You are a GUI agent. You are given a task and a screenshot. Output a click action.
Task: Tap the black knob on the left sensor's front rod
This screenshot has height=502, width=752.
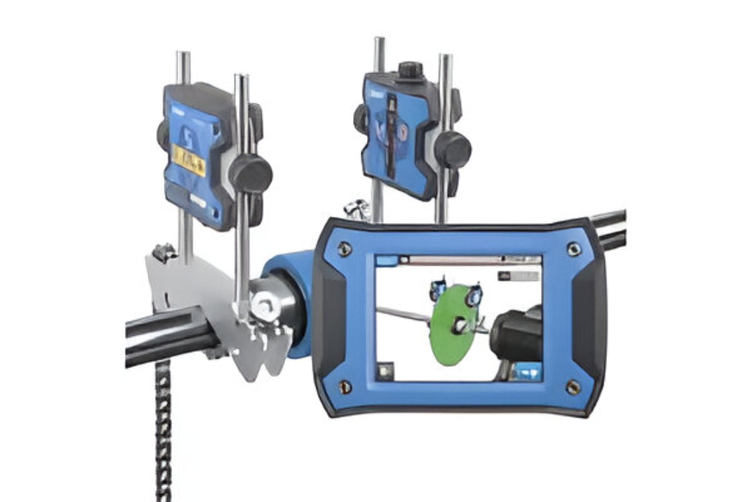click(x=250, y=174)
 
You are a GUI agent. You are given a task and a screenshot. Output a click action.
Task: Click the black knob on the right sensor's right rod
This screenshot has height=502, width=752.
click(x=453, y=149)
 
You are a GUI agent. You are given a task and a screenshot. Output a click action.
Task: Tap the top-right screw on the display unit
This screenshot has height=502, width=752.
click(x=573, y=248)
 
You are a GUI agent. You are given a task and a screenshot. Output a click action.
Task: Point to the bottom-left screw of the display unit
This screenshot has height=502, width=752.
click(x=344, y=384)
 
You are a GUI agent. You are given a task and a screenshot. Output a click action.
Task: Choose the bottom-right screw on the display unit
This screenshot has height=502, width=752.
click(x=572, y=386)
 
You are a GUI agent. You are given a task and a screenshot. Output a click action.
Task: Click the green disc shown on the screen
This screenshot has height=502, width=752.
click(x=453, y=324)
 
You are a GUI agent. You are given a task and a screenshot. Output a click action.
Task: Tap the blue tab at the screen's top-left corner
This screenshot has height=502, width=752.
click(x=386, y=261)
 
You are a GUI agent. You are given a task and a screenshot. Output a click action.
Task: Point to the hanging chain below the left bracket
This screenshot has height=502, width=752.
click(x=162, y=432)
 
